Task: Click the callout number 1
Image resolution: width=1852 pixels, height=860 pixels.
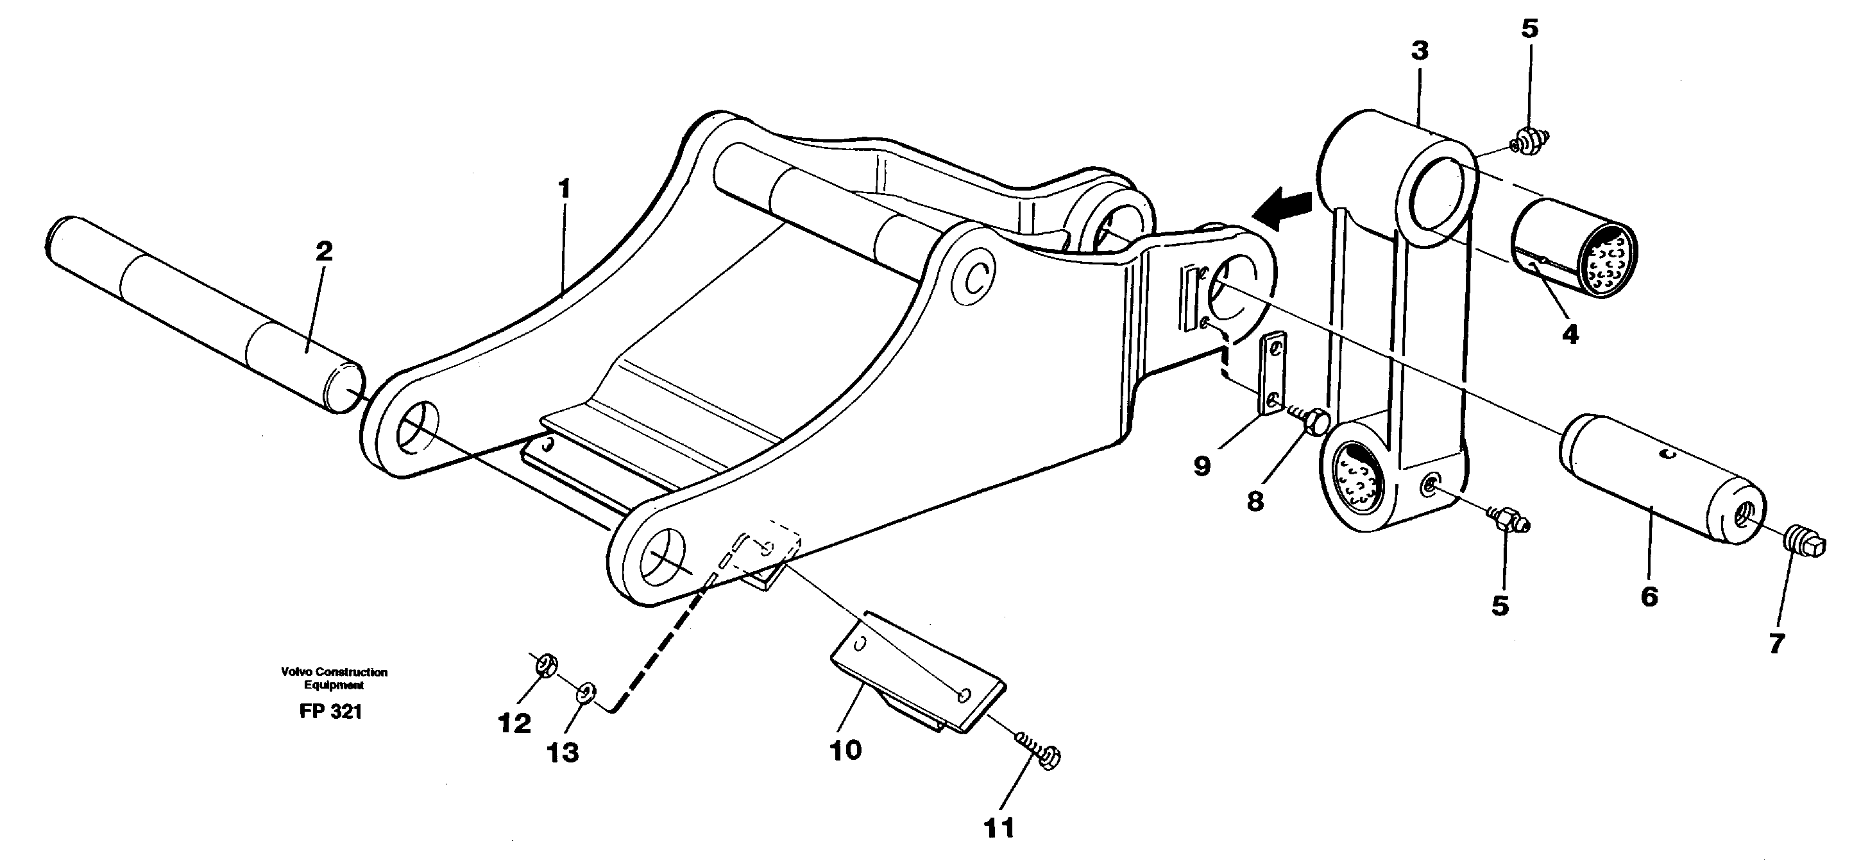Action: tap(565, 189)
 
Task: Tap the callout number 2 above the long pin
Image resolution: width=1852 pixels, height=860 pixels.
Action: tap(324, 252)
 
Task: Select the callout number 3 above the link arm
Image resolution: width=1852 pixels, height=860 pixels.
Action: tap(1419, 51)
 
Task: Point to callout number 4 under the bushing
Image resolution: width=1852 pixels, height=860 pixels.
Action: tap(1570, 334)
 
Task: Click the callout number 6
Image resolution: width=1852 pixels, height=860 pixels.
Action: tap(1649, 596)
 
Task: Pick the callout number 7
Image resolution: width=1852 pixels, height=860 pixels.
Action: tap(1776, 644)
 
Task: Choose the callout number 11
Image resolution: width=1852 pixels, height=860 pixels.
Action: tap(999, 828)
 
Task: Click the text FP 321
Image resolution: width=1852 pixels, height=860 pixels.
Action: tap(331, 712)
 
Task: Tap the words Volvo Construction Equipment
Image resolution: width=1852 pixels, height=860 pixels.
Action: tap(334, 678)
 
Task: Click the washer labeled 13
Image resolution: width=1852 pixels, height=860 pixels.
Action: tap(586, 693)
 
